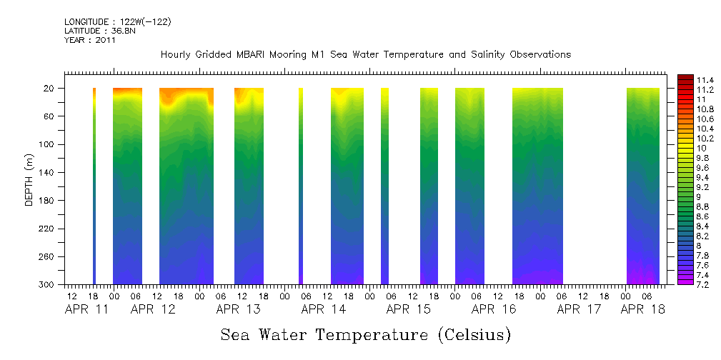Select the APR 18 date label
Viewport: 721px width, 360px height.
coord(643,309)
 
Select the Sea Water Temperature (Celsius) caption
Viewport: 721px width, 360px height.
coord(365,334)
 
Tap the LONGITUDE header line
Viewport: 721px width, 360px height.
coord(117,22)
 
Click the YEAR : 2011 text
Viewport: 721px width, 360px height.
coord(89,40)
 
